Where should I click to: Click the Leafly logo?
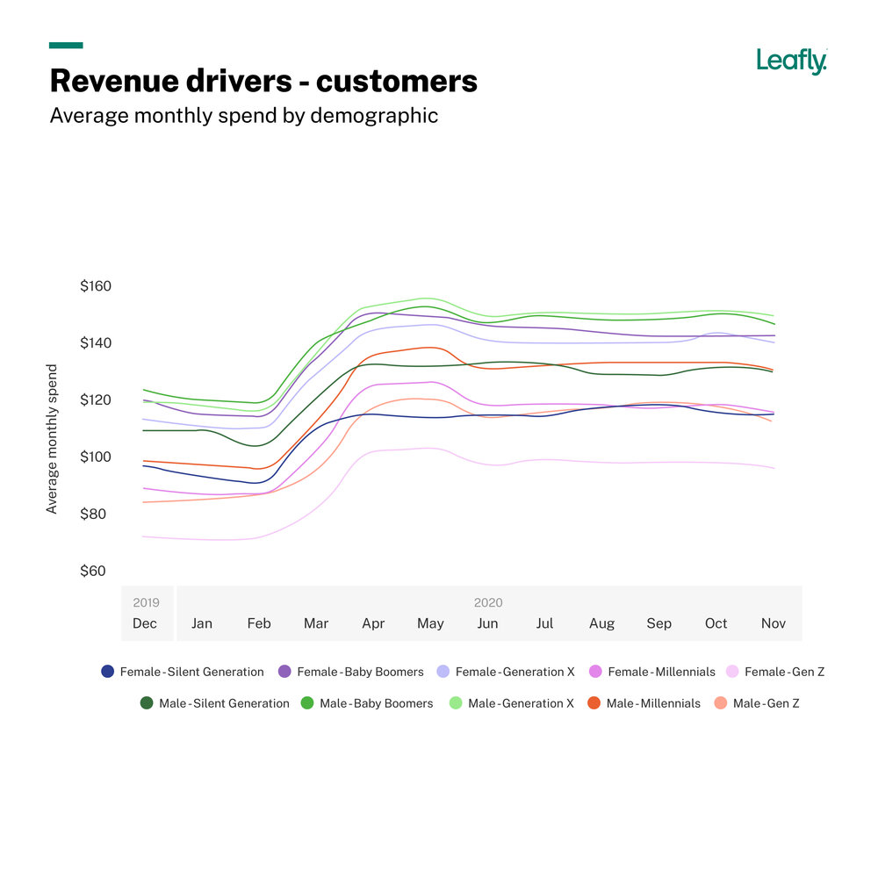[791, 61]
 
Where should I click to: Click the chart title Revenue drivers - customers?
[263, 81]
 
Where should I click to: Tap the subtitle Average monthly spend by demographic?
[243, 116]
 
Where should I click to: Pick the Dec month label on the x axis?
[145, 623]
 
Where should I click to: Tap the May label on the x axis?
[430, 623]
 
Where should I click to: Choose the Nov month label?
[774, 623]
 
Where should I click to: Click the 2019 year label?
[146, 603]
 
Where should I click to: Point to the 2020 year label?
[488, 603]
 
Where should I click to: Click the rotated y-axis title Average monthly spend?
[52, 439]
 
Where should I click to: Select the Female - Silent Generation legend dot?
[108, 672]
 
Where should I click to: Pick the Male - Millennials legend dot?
[594, 703]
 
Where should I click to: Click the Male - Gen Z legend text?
[766, 703]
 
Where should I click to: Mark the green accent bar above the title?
[66, 45]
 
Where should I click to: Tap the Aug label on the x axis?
[601, 623]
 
